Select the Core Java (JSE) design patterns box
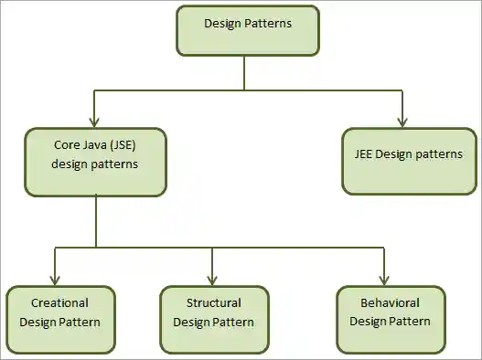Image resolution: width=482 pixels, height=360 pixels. point(96,162)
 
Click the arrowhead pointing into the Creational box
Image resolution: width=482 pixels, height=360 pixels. point(56,280)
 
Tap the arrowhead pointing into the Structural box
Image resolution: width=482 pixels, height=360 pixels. point(211,280)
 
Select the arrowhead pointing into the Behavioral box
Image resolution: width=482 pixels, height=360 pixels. point(384,280)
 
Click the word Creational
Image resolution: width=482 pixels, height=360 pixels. point(59,302)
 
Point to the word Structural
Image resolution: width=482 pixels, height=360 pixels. point(214,302)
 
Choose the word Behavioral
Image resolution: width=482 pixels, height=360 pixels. point(391,302)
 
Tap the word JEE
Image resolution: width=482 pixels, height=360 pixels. point(366,154)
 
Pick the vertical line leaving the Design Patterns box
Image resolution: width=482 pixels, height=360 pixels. point(245,72)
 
